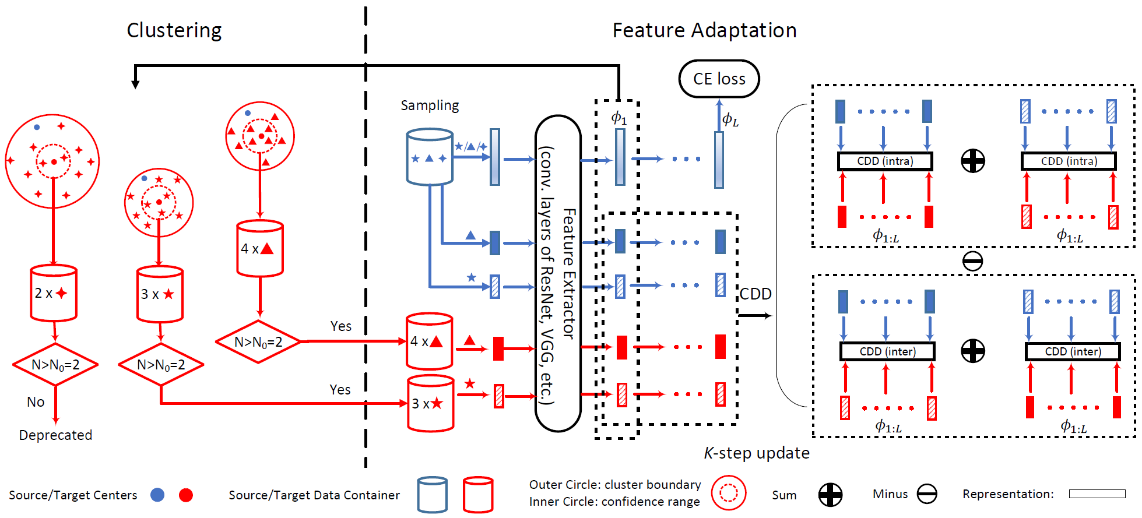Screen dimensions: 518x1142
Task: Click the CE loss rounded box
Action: (719, 79)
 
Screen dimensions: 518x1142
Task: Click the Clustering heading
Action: (174, 30)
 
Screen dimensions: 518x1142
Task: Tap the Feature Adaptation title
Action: (704, 30)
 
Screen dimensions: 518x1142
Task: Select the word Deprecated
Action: (55, 435)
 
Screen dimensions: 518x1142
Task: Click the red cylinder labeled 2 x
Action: (54, 293)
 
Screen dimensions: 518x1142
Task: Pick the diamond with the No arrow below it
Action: (55, 365)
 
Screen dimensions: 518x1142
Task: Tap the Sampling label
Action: (430, 105)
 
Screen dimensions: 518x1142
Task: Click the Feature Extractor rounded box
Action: (558, 273)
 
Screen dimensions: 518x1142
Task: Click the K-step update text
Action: (757, 453)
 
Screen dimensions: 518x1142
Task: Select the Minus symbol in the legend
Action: (926, 494)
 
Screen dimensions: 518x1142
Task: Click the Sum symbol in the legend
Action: (830, 495)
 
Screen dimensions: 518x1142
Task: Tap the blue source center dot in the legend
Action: (157, 495)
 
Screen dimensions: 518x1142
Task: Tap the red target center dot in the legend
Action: (186, 495)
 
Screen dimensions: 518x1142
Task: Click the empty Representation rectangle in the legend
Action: (1097, 494)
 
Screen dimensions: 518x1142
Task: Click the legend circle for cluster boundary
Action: (728, 493)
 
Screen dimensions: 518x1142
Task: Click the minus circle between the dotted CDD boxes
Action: (972, 261)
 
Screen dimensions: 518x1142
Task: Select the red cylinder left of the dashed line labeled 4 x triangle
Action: (260, 248)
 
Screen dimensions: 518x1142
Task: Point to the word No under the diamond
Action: (36, 402)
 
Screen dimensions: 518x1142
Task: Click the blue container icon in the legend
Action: (433, 495)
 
